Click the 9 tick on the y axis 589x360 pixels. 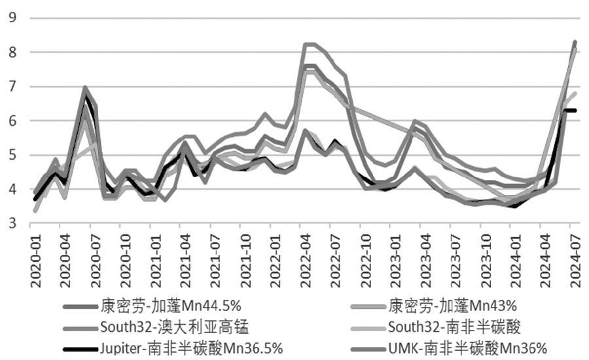pos(11,18)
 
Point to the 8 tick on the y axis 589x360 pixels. pos(11,52)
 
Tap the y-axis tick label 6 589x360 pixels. pos(11,121)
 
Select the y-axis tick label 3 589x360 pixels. pos(11,224)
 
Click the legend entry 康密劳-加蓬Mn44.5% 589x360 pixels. pos(171,306)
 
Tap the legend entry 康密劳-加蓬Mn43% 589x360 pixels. pos(453,306)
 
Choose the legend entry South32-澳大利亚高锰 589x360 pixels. pos(175,326)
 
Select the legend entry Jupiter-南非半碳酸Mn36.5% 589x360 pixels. pos(192,347)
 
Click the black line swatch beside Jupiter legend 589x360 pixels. pos(80,348)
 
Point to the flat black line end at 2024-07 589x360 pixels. pos(571,111)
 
